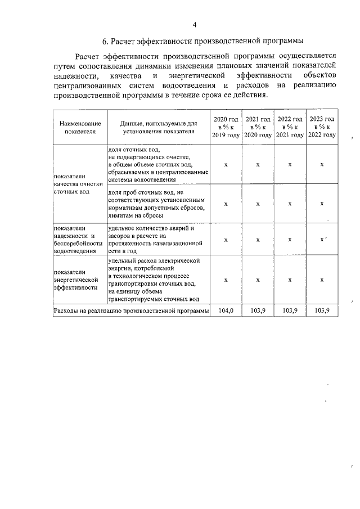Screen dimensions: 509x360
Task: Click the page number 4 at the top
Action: tap(195, 25)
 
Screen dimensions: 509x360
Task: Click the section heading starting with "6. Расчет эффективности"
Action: tap(203, 41)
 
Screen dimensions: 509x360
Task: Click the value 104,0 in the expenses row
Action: tap(226, 310)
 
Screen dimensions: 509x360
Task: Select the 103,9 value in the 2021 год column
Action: tap(258, 310)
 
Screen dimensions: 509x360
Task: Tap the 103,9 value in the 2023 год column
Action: tap(322, 310)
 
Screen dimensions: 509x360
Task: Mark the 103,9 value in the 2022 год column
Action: tap(290, 310)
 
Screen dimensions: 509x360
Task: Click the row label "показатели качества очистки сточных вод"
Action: tap(79, 184)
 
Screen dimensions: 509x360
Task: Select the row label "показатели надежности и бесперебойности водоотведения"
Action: tap(79, 240)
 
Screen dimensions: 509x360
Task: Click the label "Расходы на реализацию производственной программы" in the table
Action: tap(131, 310)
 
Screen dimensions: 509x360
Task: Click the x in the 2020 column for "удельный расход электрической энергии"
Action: tap(226, 280)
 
